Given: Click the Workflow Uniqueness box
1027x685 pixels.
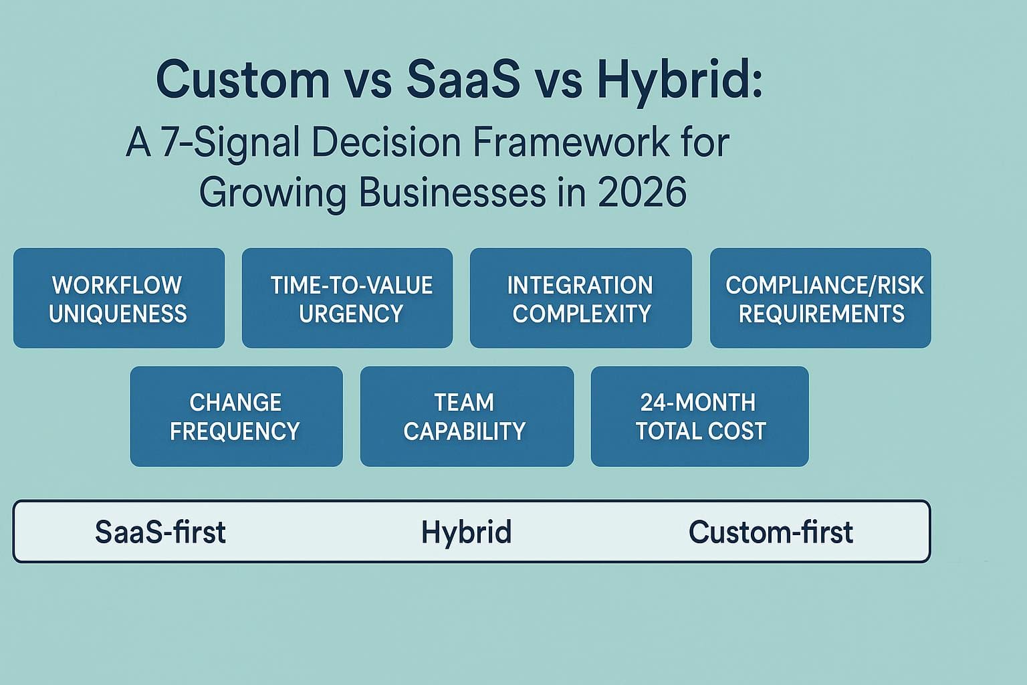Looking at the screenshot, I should pyautogui.click(x=118, y=298).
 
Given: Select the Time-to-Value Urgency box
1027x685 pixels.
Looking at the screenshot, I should pyautogui.click(x=347, y=298).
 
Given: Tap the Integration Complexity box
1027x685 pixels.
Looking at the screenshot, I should pyautogui.click(x=580, y=298).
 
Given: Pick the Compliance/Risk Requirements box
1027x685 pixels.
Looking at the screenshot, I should pyautogui.click(x=820, y=298).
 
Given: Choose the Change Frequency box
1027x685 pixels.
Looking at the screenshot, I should pyautogui.click(x=236, y=416).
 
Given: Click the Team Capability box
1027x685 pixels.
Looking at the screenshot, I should pyautogui.click(x=467, y=416).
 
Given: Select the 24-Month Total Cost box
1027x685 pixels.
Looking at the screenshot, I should pyautogui.click(x=699, y=416).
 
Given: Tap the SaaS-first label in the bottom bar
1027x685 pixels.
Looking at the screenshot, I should pyautogui.click(x=160, y=532).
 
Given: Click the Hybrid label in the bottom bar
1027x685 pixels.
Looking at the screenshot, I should pyautogui.click(x=466, y=532).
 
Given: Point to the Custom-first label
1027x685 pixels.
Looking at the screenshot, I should pyautogui.click(x=770, y=532).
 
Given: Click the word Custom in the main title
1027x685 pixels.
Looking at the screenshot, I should pyautogui.click(x=243, y=80).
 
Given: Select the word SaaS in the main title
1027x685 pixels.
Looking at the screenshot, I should pyautogui.click(x=463, y=80).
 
